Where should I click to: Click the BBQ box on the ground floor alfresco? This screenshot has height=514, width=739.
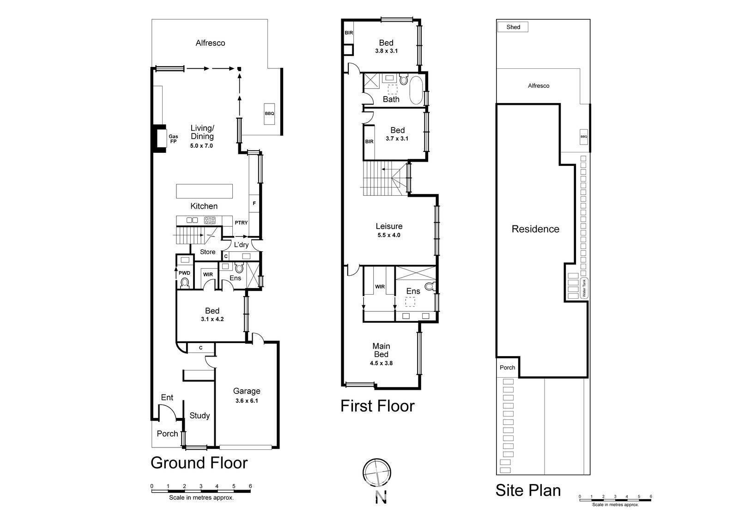click(269, 113)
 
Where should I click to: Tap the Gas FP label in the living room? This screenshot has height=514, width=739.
click(173, 139)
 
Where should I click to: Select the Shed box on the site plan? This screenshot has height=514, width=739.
click(513, 27)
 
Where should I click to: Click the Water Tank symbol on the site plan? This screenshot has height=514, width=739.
click(584, 288)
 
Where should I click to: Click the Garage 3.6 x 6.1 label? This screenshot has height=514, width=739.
click(246, 395)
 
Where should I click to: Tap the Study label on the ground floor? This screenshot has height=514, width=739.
click(200, 416)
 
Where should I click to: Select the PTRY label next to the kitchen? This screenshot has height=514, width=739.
click(241, 223)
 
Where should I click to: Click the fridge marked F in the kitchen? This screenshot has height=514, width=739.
click(254, 203)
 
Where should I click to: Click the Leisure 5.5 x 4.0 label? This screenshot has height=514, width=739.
click(388, 230)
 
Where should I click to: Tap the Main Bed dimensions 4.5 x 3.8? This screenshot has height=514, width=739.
click(381, 363)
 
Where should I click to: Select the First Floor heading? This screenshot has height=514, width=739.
click(377, 406)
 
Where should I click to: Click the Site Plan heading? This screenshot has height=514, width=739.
click(528, 490)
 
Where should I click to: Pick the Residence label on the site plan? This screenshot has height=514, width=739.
click(535, 229)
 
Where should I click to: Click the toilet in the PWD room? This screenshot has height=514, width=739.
click(185, 282)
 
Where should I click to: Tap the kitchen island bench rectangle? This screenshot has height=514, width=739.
click(204, 191)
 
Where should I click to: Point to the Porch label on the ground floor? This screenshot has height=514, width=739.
click(167, 434)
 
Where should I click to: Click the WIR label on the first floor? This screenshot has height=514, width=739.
click(380, 287)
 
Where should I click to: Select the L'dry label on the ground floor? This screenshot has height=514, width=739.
click(241, 245)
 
